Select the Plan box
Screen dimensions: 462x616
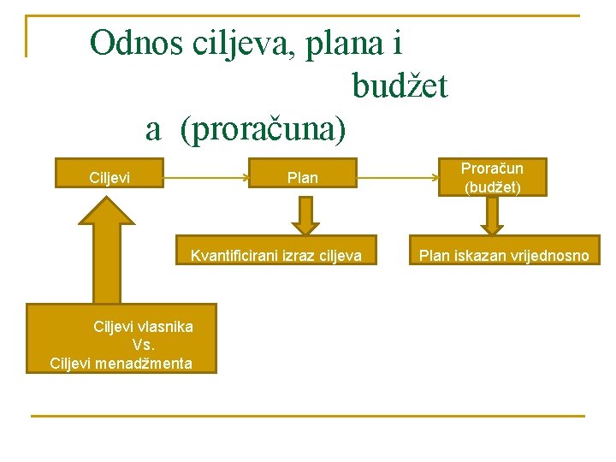(x=302, y=178)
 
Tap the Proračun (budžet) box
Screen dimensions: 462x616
(x=492, y=177)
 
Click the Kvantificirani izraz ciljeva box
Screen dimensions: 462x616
(x=275, y=255)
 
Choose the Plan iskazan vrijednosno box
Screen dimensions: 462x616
(x=503, y=255)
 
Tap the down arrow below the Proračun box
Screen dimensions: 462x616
(x=492, y=215)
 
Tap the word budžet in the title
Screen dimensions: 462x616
(x=400, y=86)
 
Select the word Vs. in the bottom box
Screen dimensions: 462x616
(x=143, y=345)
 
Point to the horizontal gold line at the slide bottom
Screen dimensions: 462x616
(x=308, y=416)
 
